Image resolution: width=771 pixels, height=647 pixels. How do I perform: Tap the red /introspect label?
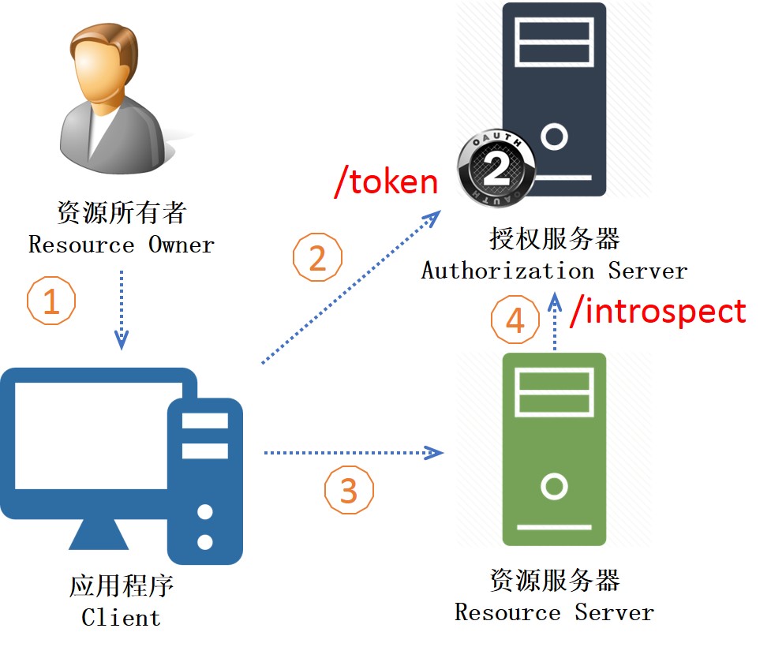658,312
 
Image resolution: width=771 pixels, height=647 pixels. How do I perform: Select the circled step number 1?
51,301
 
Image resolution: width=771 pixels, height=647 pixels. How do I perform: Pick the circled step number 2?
317,258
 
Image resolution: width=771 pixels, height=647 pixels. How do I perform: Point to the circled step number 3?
349,490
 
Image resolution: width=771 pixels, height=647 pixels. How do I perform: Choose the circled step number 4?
515,320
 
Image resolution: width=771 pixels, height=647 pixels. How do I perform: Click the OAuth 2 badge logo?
496,168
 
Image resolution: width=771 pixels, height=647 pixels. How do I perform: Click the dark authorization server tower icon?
554,99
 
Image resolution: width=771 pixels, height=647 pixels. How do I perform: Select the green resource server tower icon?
554,450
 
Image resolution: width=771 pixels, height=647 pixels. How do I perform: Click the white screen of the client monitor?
92,436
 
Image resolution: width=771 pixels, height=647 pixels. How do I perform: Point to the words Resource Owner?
122,245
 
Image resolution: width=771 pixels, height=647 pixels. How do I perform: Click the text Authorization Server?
554,271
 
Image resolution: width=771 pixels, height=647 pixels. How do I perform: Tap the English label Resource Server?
554,612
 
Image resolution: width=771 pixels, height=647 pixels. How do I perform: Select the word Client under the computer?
121,618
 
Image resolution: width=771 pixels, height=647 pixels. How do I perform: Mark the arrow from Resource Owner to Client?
122,310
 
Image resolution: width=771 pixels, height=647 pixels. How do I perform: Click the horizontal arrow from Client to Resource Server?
354,452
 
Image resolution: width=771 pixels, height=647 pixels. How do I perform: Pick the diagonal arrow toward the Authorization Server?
350,288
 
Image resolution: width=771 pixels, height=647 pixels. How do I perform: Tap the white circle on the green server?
554,486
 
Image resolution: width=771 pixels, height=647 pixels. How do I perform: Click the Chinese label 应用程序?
122,586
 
